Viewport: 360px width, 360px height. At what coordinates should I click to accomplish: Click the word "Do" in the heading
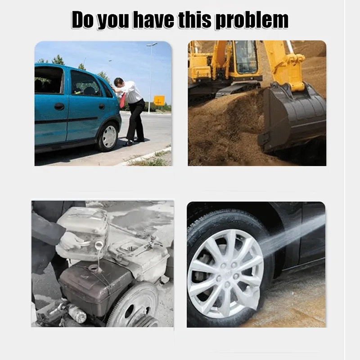click(x=83, y=20)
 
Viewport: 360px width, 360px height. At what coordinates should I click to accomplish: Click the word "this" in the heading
click(x=195, y=20)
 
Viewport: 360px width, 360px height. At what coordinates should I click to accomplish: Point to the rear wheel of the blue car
click(x=108, y=137)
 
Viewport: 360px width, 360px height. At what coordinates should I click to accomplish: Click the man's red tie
click(x=123, y=100)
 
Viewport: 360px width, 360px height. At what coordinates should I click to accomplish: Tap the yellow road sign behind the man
click(x=159, y=100)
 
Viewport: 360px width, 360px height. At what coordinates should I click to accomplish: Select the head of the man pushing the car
click(x=119, y=83)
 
